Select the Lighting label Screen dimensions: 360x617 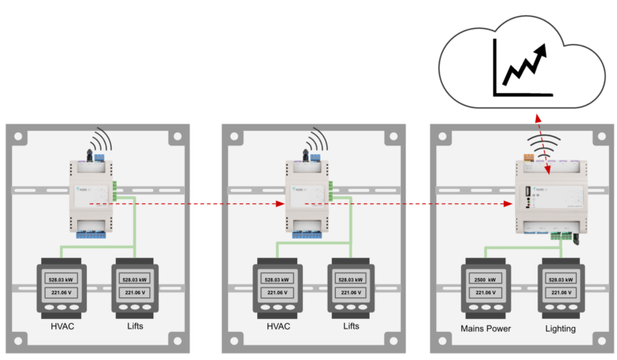(x=560, y=329)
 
